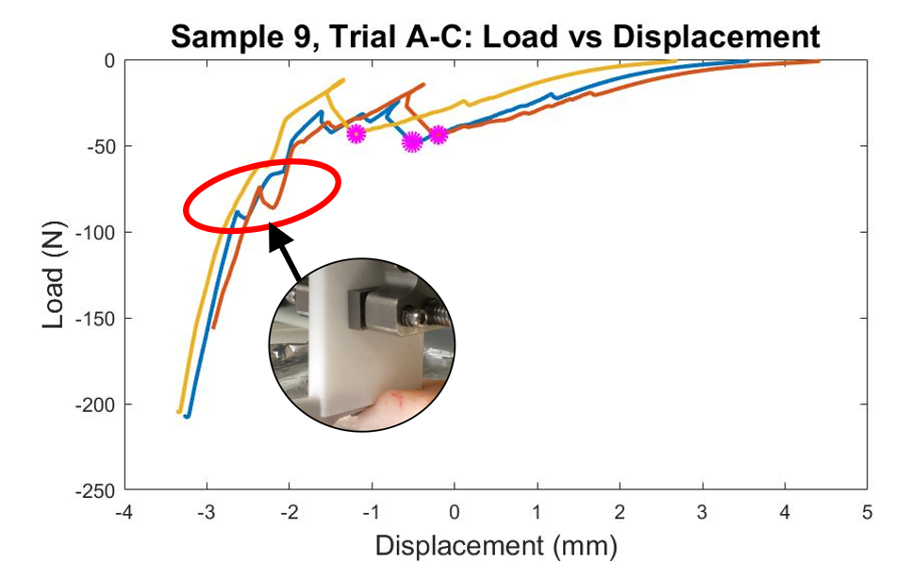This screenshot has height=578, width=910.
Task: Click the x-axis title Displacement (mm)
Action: [495, 546]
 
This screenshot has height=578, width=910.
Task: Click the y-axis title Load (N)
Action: [55, 275]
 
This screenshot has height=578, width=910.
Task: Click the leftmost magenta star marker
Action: [356, 133]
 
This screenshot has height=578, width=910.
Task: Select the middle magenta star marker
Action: [412, 142]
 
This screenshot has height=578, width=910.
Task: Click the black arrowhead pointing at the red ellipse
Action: [278, 233]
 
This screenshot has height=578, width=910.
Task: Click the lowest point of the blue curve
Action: [187, 416]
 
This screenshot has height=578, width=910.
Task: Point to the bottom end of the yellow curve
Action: [179, 411]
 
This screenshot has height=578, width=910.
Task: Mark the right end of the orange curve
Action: [818, 61]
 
